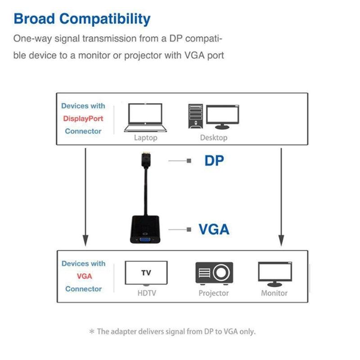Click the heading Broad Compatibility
pyautogui.click(x=82, y=19)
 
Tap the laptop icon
pyautogui.click(x=145, y=118)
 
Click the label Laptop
pyautogui.click(x=145, y=138)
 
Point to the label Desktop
pyautogui.click(x=214, y=138)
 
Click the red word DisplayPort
pyautogui.click(x=83, y=119)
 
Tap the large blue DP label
pyautogui.click(x=214, y=161)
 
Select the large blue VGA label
pyautogui.click(x=214, y=229)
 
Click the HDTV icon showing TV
pyautogui.click(x=146, y=273)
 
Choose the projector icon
pyautogui.click(x=214, y=273)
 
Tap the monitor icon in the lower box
pyautogui.click(x=274, y=273)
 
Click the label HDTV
pyautogui.click(x=146, y=293)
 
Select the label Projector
pyautogui.click(x=214, y=293)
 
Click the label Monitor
pyautogui.click(x=274, y=293)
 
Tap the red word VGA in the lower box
pyautogui.click(x=84, y=276)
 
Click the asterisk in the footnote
pyautogui.click(x=92, y=332)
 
